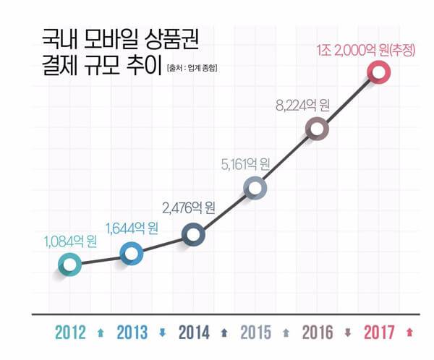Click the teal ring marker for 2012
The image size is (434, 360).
point(69,265)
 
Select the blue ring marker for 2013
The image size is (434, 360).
point(131,253)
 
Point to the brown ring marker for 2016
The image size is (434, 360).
point(317,129)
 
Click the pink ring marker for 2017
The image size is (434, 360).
point(378,71)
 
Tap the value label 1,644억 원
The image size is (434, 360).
point(132,228)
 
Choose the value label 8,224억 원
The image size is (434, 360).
point(302,103)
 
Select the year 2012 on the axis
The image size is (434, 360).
point(70,333)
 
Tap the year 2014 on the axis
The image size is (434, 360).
point(194,333)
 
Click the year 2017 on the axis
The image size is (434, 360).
point(380,333)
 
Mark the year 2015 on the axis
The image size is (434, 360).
point(255,333)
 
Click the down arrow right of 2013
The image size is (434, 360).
point(162,333)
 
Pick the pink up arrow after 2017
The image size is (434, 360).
point(410,333)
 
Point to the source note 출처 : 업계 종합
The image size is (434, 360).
point(192,69)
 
